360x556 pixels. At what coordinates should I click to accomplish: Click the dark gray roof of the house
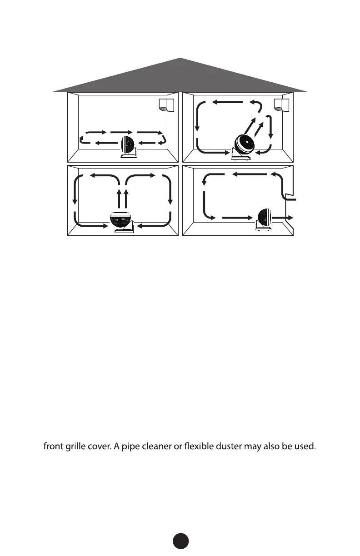[x=180, y=77]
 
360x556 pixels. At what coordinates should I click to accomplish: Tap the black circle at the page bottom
[x=180, y=541]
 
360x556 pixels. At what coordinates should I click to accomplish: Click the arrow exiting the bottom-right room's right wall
[x=283, y=218]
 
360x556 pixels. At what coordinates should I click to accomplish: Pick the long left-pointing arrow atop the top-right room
[x=227, y=102]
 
